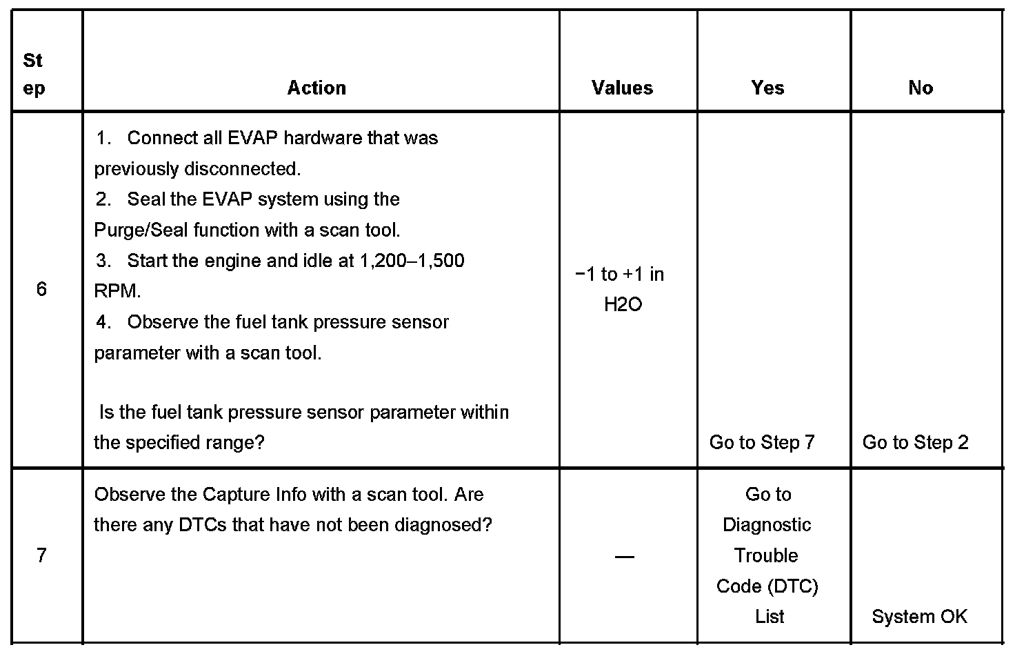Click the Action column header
click(316, 88)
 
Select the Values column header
click(622, 88)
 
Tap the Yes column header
click(767, 88)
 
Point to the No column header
click(921, 88)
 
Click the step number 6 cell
click(41, 289)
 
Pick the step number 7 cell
click(41, 555)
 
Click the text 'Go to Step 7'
click(762, 442)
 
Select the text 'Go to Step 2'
click(915, 442)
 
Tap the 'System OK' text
click(919, 616)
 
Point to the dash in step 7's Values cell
click(624, 556)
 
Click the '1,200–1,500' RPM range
click(412, 261)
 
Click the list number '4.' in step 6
click(103, 322)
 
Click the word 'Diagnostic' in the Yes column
click(767, 525)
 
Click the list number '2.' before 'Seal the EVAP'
click(103, 199)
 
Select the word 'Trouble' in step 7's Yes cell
click(766, 555)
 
